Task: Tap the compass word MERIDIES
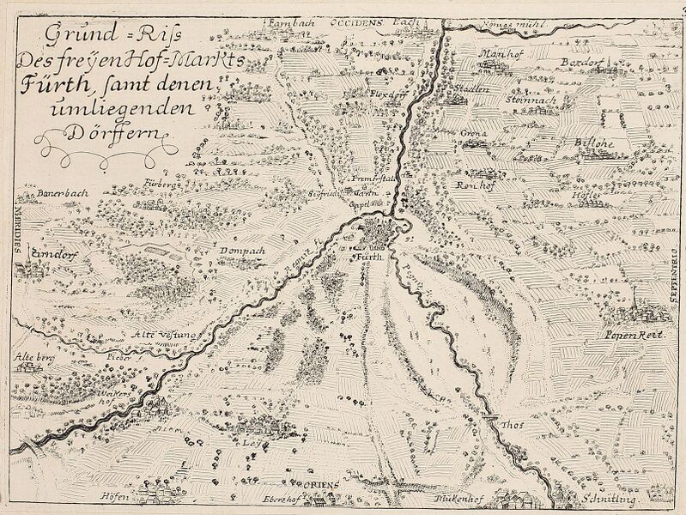pos(15,229)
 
